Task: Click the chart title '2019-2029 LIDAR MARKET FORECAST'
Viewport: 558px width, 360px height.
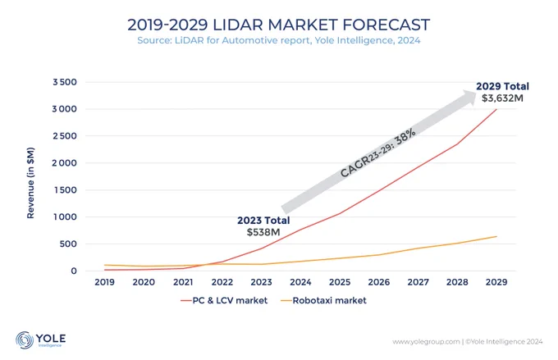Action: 279,25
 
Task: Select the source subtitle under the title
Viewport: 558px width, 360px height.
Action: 279,40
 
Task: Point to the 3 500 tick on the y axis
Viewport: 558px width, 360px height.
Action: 65,82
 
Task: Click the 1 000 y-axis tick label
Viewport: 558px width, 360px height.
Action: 65,217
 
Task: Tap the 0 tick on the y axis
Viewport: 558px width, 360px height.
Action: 74,271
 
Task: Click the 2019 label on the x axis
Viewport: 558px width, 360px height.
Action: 105,282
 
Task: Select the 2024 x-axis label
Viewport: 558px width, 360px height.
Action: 300,282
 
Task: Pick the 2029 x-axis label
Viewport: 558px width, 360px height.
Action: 496,282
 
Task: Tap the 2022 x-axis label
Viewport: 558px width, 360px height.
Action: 222,282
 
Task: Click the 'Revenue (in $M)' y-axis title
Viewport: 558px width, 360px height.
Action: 30,183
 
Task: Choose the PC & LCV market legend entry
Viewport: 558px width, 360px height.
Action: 224,301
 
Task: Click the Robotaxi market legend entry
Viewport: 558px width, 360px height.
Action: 323,301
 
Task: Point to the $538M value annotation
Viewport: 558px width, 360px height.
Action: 263,232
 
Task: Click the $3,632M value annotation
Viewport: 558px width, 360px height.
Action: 502,98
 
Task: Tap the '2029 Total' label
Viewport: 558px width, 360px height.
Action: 502,86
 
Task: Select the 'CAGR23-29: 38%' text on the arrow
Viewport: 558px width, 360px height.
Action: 378,153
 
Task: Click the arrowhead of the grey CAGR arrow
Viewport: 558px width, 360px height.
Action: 469,97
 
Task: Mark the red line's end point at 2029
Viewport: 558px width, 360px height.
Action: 496,109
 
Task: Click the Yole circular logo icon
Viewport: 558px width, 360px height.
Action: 25,339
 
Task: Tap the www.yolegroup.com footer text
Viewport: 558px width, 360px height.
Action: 426,342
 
